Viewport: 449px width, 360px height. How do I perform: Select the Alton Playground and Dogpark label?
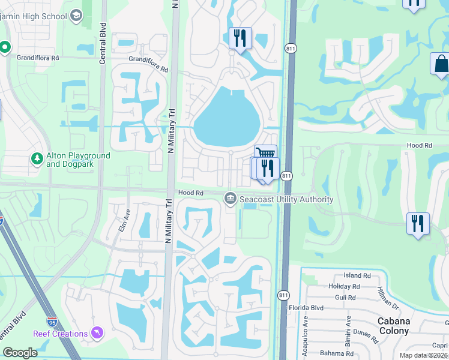78,160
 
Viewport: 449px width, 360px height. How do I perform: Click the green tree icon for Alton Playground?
36,159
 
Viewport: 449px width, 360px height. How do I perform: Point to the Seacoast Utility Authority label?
286,199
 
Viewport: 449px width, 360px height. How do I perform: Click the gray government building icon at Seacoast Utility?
230,199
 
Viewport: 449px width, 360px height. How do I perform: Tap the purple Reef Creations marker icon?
97,333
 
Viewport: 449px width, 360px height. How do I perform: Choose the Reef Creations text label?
60,334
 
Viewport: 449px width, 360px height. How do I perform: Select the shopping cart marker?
266,154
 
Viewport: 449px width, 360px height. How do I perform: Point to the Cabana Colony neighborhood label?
394,326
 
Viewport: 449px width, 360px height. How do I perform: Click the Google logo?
20,353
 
